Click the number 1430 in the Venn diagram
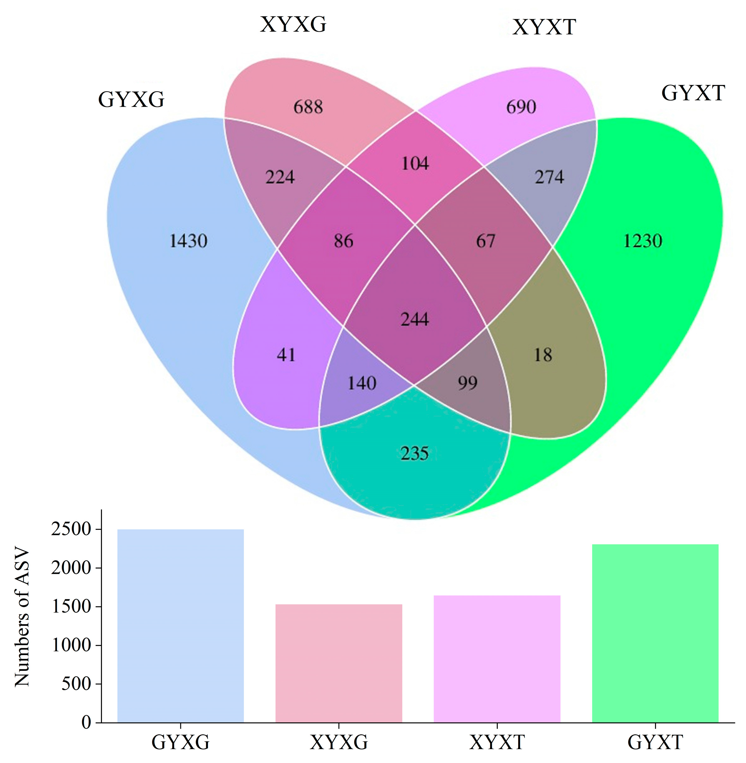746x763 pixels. pos(188,240)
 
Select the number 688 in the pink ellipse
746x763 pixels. pos(308,107)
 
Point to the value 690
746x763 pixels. pos(521,107)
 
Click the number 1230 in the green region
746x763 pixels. pos(642,240)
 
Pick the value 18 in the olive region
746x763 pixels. pos(543,355)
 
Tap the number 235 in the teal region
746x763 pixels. pos(414,453)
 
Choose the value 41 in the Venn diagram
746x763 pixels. pos(286,355)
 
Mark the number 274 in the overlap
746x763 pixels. pos(549,177)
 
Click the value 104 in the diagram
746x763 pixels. pos(415,163)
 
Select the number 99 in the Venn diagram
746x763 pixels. pos(468,383)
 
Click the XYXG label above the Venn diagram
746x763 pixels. pos(293,25)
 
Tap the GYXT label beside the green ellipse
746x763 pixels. pos(693,93)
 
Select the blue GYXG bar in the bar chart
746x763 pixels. pos(181,627)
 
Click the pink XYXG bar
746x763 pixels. pos(339,664)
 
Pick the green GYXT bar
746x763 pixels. pos(655,635)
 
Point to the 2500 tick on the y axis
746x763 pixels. pos(71,530)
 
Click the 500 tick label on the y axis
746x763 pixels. pos(76,684)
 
